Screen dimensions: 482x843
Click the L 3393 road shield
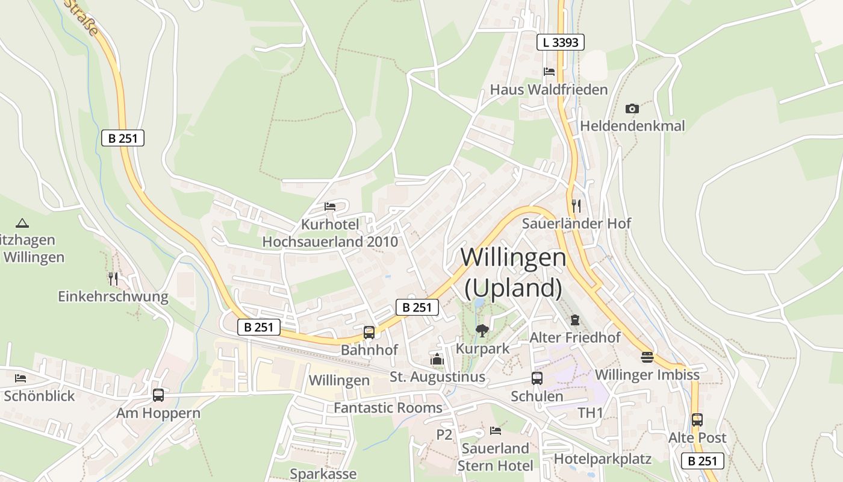560,42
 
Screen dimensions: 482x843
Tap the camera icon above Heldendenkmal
632,108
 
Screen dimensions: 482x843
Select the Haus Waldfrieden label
549,90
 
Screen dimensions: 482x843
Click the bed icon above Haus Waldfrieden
549,72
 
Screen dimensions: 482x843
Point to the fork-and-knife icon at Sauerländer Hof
576,205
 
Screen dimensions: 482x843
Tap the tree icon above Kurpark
482,330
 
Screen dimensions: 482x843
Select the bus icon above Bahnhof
369,332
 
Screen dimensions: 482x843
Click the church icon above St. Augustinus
437,359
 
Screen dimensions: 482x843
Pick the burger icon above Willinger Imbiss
647,357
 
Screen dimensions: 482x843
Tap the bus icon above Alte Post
697,419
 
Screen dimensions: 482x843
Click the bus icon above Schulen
537,378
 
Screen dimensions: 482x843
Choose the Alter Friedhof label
574,337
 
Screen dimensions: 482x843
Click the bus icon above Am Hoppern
158,395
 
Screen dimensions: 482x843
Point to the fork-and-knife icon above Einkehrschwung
113,278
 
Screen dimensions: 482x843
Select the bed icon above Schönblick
20,378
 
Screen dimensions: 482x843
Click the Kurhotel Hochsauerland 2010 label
330,233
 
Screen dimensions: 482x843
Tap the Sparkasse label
323,474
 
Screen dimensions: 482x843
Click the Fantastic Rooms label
388,408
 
